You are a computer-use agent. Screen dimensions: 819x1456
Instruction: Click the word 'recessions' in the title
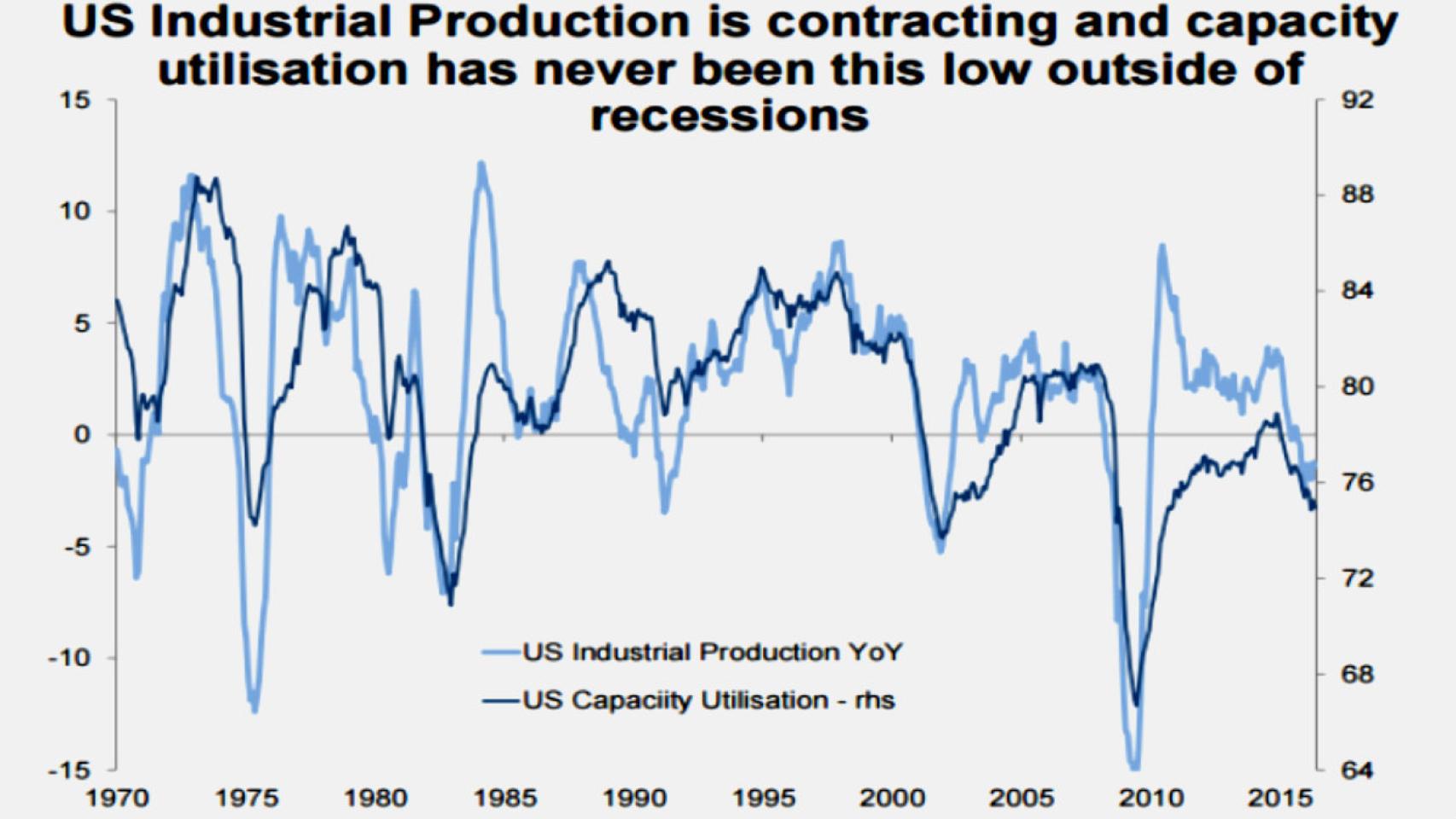tap(729, 117)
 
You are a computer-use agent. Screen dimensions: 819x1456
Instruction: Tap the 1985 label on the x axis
tap(505, 799)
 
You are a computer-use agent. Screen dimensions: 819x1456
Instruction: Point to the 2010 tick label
tap(1151, 799)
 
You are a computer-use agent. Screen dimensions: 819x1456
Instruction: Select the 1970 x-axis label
tap(117, 799)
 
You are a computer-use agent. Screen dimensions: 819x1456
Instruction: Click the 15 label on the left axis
tap(75, 100)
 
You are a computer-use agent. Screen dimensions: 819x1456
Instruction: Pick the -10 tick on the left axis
tap(68, 658)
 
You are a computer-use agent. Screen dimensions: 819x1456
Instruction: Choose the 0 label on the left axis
tap(81, 434)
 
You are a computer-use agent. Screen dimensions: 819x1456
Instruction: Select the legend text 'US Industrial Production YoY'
tap(712, 653)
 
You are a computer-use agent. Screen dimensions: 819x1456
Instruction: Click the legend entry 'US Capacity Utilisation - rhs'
tap(708, 700)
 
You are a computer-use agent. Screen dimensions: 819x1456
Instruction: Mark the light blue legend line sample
tap(501, 653)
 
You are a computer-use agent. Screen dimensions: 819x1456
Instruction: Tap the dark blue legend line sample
tap(501, 701)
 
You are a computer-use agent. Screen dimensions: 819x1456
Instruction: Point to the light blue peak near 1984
tap(481, 164)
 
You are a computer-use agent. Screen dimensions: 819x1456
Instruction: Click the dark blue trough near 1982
tap(451, 603)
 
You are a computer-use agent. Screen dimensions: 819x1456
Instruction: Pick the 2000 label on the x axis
tap(892, 799)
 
